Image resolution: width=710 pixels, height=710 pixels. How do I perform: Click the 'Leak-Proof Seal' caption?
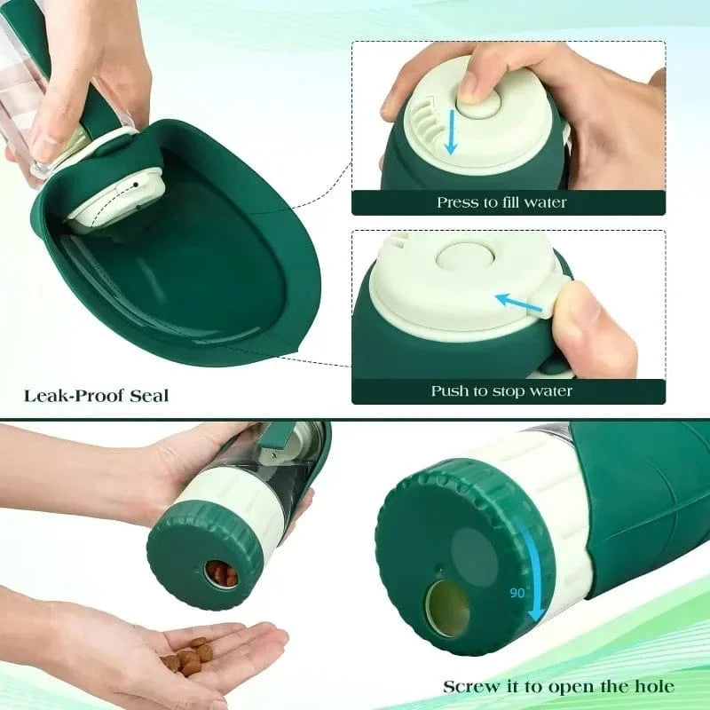point(96,394)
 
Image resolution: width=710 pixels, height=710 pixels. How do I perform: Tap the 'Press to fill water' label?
point(501,202)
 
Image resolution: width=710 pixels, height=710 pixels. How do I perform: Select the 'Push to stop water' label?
point(501,390)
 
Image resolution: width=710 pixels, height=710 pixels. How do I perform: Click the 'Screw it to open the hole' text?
point(558,686)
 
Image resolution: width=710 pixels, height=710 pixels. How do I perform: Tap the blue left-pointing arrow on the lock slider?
point(519,303)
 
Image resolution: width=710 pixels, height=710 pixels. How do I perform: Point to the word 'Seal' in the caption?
point(148,394)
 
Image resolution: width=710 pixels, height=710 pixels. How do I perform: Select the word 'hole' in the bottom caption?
point(653,686)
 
